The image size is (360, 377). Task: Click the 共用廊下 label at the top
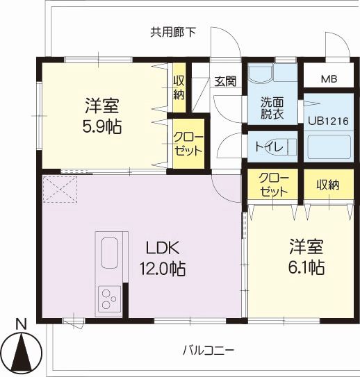(173, 31)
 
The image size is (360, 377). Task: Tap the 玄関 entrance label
(224, 81)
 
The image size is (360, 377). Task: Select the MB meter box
(329, 78)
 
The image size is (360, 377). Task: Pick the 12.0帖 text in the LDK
(163, 269)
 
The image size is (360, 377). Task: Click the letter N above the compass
(22, 324)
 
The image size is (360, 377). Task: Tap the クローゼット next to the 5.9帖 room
(188, 142)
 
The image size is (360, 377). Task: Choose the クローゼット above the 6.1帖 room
(272, 185)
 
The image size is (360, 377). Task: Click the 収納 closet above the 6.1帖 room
(327, 185)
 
